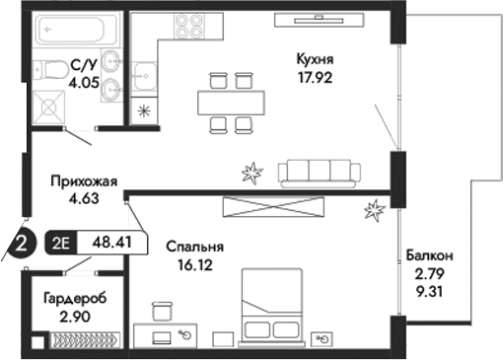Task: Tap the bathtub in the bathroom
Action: coord(74,32)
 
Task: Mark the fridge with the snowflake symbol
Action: coord(145,110)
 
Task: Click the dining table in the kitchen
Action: coord(230,101)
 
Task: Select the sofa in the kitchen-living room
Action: coord(319,172)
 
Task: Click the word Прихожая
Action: coord(85,180)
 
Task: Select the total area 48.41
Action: coord(109,241)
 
